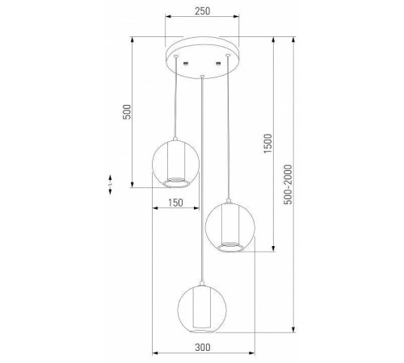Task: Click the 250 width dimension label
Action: point(202,10)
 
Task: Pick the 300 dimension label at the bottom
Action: point(203,347)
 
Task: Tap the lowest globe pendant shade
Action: point(202,304)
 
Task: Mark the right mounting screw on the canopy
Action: point(218,64)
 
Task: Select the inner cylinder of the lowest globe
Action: point(202,309)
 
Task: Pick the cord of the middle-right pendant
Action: point(231,129)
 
